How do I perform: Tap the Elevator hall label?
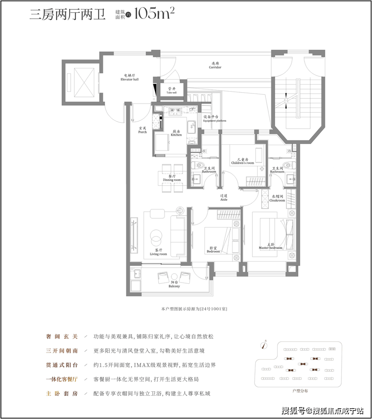coord(130,78)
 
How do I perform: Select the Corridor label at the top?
coord(215,66)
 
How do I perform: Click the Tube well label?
coord(172,90)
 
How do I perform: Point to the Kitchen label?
coord(176,133)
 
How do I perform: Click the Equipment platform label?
coord(215,119)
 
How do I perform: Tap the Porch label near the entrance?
coord(142,130)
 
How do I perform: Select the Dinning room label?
coord(172,178)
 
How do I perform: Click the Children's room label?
coord(243,161)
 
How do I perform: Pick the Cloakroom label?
coord(277,198)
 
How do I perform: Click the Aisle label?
coord(224,198)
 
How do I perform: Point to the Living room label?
coord(158,252)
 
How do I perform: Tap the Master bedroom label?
coord(271,246)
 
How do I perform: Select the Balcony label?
coord(174,284)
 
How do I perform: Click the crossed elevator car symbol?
coord(84,83)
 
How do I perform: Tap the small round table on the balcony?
coord(174,277)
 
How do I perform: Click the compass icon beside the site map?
coord(264,345)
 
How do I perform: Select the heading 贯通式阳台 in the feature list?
coord(62,365)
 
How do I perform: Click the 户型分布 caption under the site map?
coord(300,391)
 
